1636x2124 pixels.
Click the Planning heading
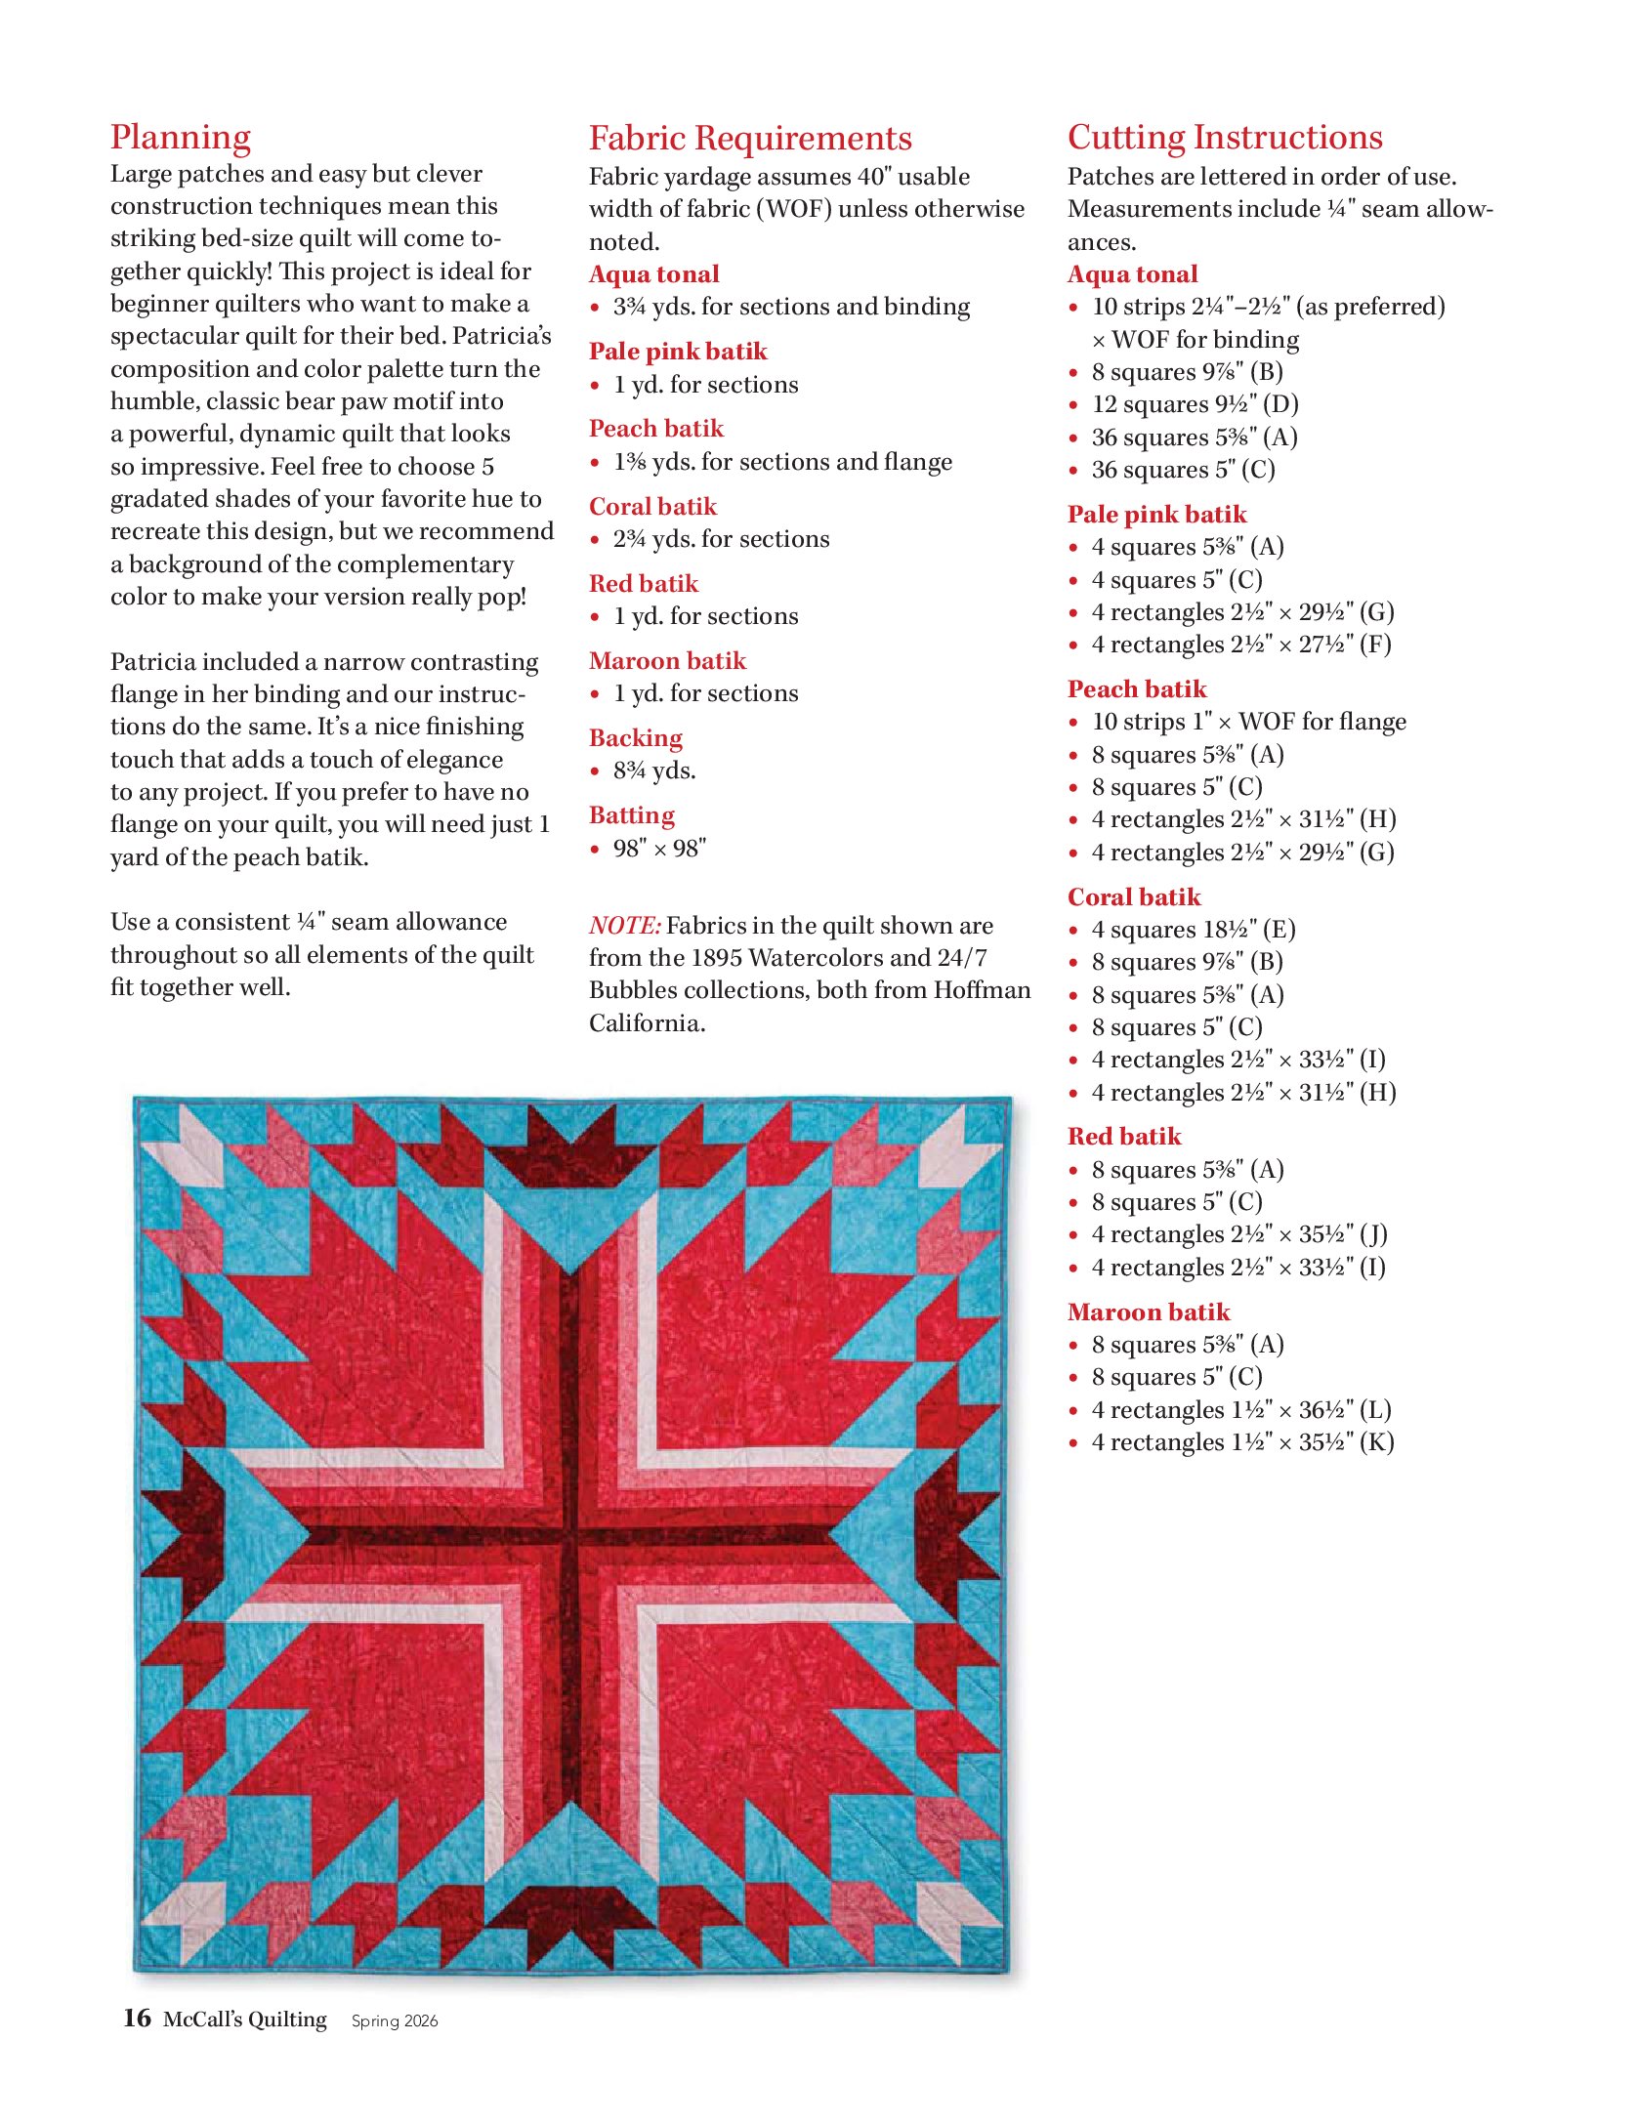[181, 138]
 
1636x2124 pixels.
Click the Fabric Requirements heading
[749, 139]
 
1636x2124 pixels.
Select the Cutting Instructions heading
[1224, 138]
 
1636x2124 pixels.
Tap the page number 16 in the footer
[137, 2018]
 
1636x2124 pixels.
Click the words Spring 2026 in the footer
[395, 2020]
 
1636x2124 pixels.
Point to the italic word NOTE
[624, 926]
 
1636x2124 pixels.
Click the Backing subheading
[635, 738]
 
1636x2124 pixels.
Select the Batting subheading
[631, 815]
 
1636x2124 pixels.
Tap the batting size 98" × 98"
[659, 849]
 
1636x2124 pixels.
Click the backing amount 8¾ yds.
[654, 770]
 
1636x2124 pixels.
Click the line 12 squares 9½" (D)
[1195, 404]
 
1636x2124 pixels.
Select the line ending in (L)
[1240, 1410]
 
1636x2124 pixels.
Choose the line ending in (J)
[1238, 1234]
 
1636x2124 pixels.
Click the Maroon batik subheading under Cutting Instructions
[1148, 1312]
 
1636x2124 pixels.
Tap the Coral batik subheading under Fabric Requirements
[652, 507]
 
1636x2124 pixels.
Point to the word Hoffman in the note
[982, 990]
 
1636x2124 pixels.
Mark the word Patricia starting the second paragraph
[157, 662]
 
